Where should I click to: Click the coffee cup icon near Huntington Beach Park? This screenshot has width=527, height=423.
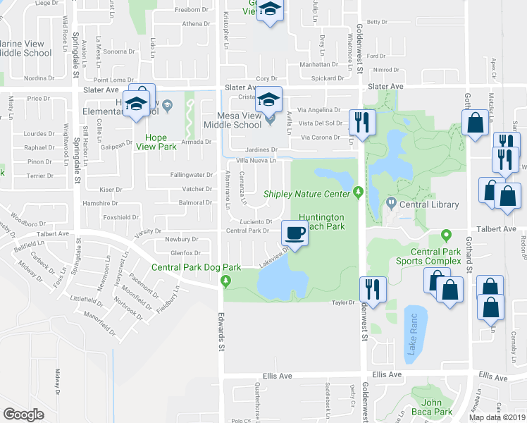click(295, 233)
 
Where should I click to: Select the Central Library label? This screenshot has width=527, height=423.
click(429, 205)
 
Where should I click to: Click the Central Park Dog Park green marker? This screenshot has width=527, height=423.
click(226, 282)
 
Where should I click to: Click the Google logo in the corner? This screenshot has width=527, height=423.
click(23, 415)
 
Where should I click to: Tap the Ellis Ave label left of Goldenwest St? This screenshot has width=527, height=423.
click(277, 374)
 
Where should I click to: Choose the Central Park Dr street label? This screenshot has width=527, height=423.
click(248, 230)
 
